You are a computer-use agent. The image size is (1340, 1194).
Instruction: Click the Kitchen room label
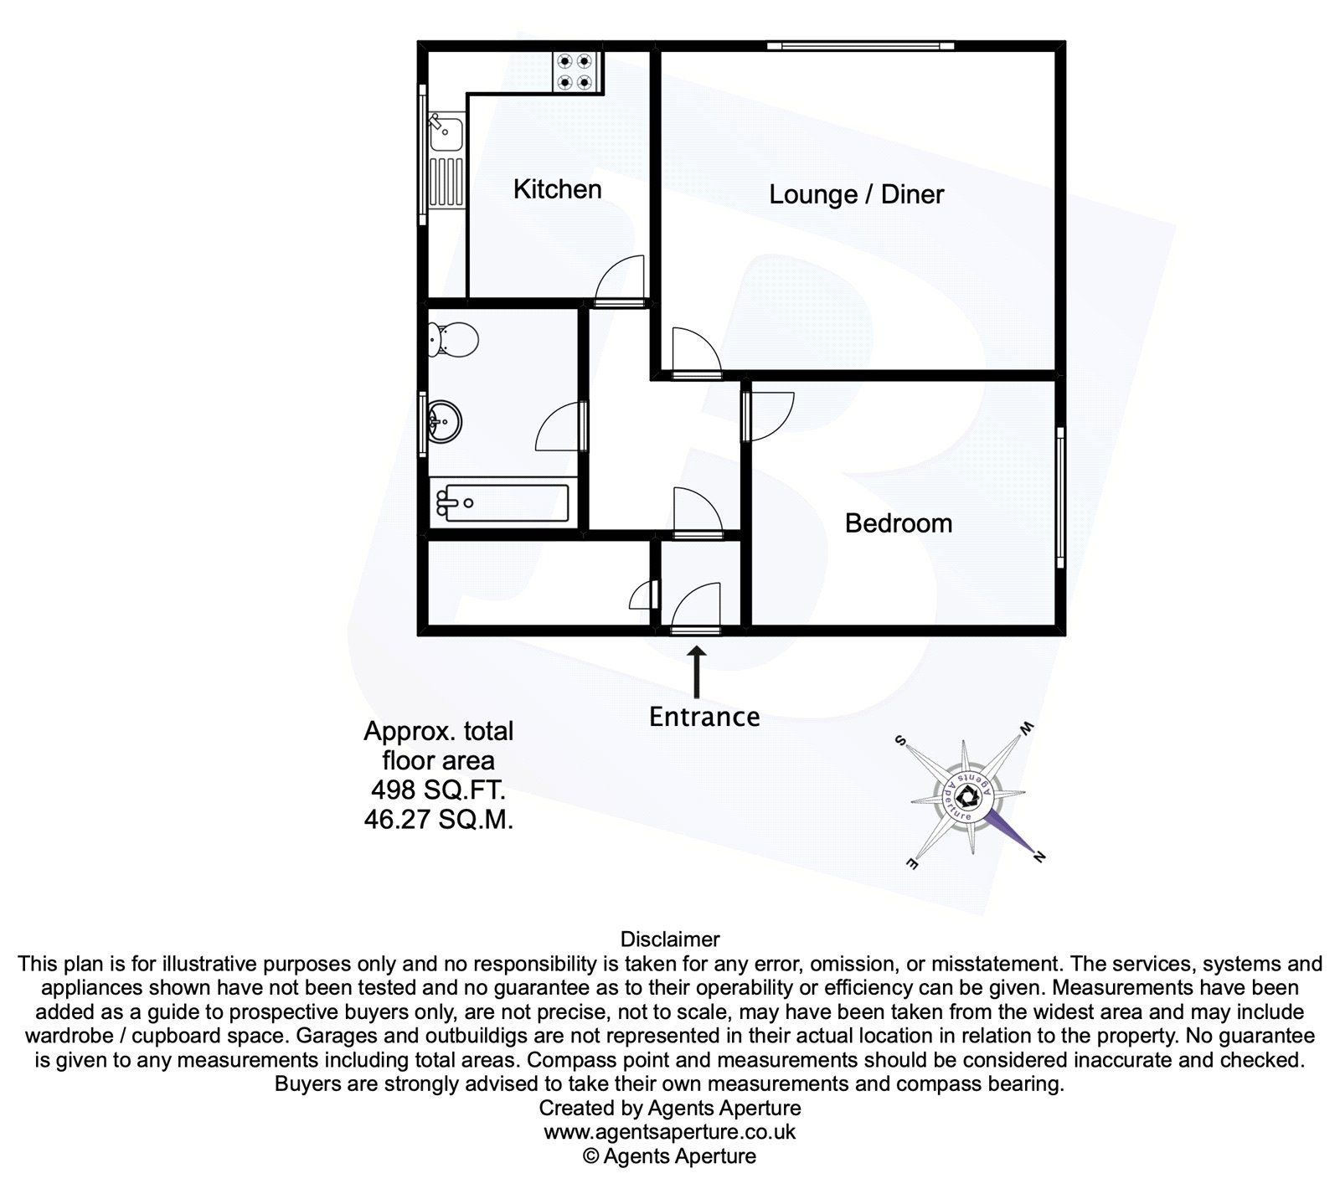[557, 189]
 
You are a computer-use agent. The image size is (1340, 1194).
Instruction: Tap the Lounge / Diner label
[856, 195]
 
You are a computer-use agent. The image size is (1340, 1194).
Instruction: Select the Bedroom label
[898, 523]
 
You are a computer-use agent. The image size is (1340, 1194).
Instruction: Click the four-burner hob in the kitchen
[575, 71]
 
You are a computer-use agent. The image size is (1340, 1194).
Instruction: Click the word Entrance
[704, 717]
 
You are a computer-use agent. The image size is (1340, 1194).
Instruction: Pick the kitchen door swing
[621, 280]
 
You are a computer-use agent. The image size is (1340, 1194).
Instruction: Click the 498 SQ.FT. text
[438, 790]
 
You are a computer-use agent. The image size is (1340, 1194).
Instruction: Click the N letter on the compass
[1040, 857]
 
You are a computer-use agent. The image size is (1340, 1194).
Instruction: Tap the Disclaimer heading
[670, 939]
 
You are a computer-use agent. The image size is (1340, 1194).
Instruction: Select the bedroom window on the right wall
[1059, 497]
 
